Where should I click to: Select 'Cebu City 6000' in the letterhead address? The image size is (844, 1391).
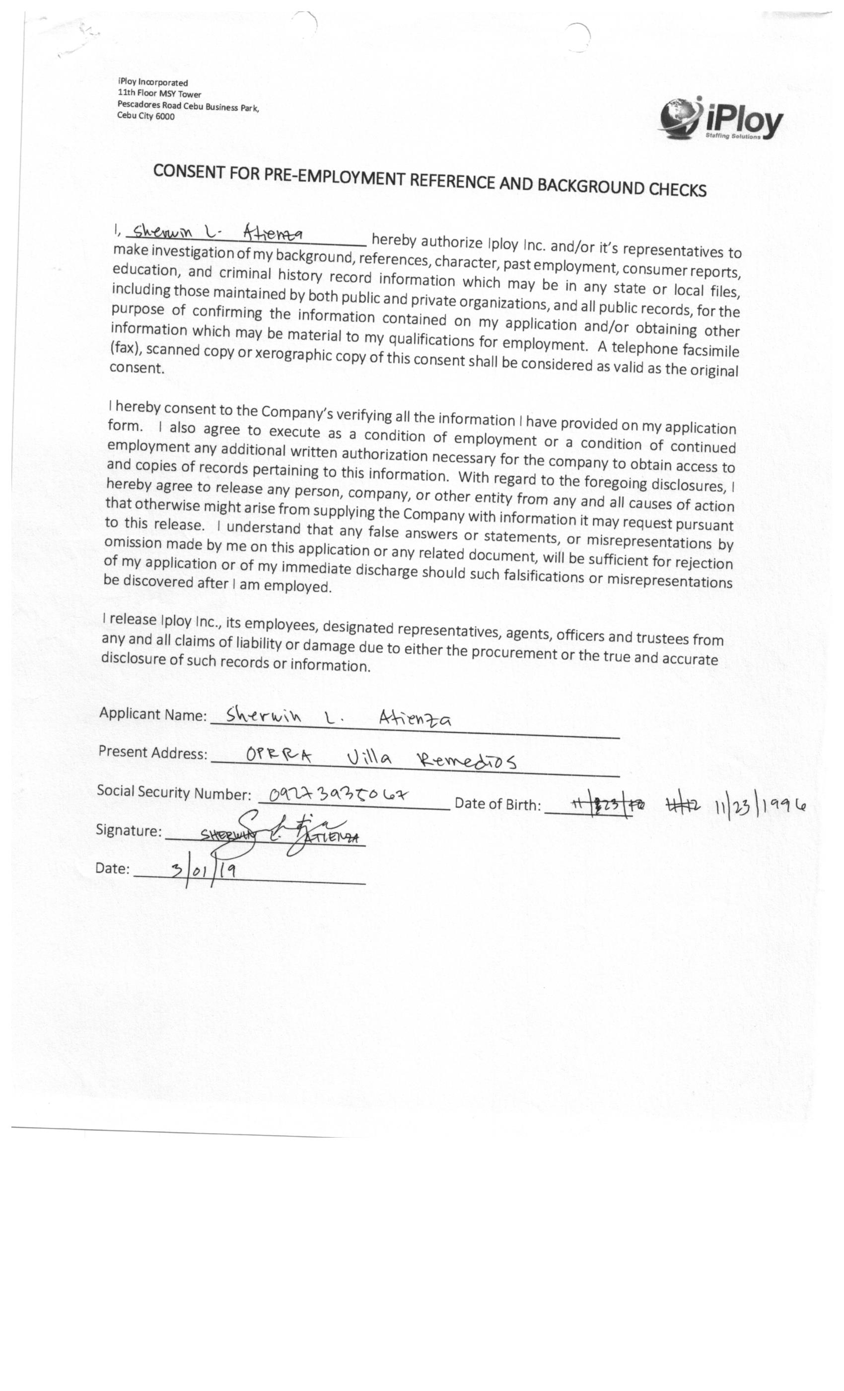[x=145, y=116]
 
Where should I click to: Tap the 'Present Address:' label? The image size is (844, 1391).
[x=152, y=753]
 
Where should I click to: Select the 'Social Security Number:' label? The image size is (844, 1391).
[x=174, y=792]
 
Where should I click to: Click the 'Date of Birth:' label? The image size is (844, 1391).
[x=497, y=804]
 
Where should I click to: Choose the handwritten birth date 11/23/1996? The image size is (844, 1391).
[x=760, y=805]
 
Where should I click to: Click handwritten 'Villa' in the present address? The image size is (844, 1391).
[x=369, y=757]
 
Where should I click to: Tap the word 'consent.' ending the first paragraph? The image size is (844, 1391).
[x=137, y=368]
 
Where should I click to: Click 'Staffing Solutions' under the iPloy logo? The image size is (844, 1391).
[x=733, y=136]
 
